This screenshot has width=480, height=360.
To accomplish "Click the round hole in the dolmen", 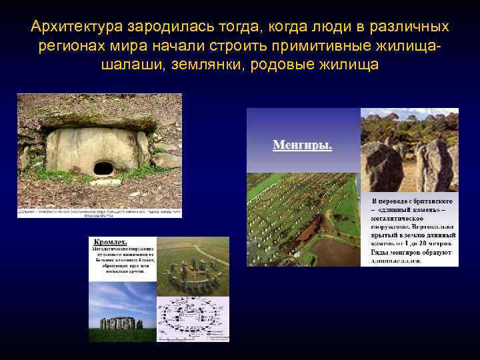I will click(x=103, y=167).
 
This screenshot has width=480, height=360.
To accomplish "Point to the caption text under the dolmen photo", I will click(x=99, y=213).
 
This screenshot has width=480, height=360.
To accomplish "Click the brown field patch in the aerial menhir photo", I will click(x=337, y=251).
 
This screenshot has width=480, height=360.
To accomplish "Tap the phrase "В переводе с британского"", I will click(x=413, y=201).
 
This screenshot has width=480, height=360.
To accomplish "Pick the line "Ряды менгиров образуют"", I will click(x=411, y=253).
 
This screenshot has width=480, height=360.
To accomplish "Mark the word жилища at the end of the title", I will click(x=347, y=65).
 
